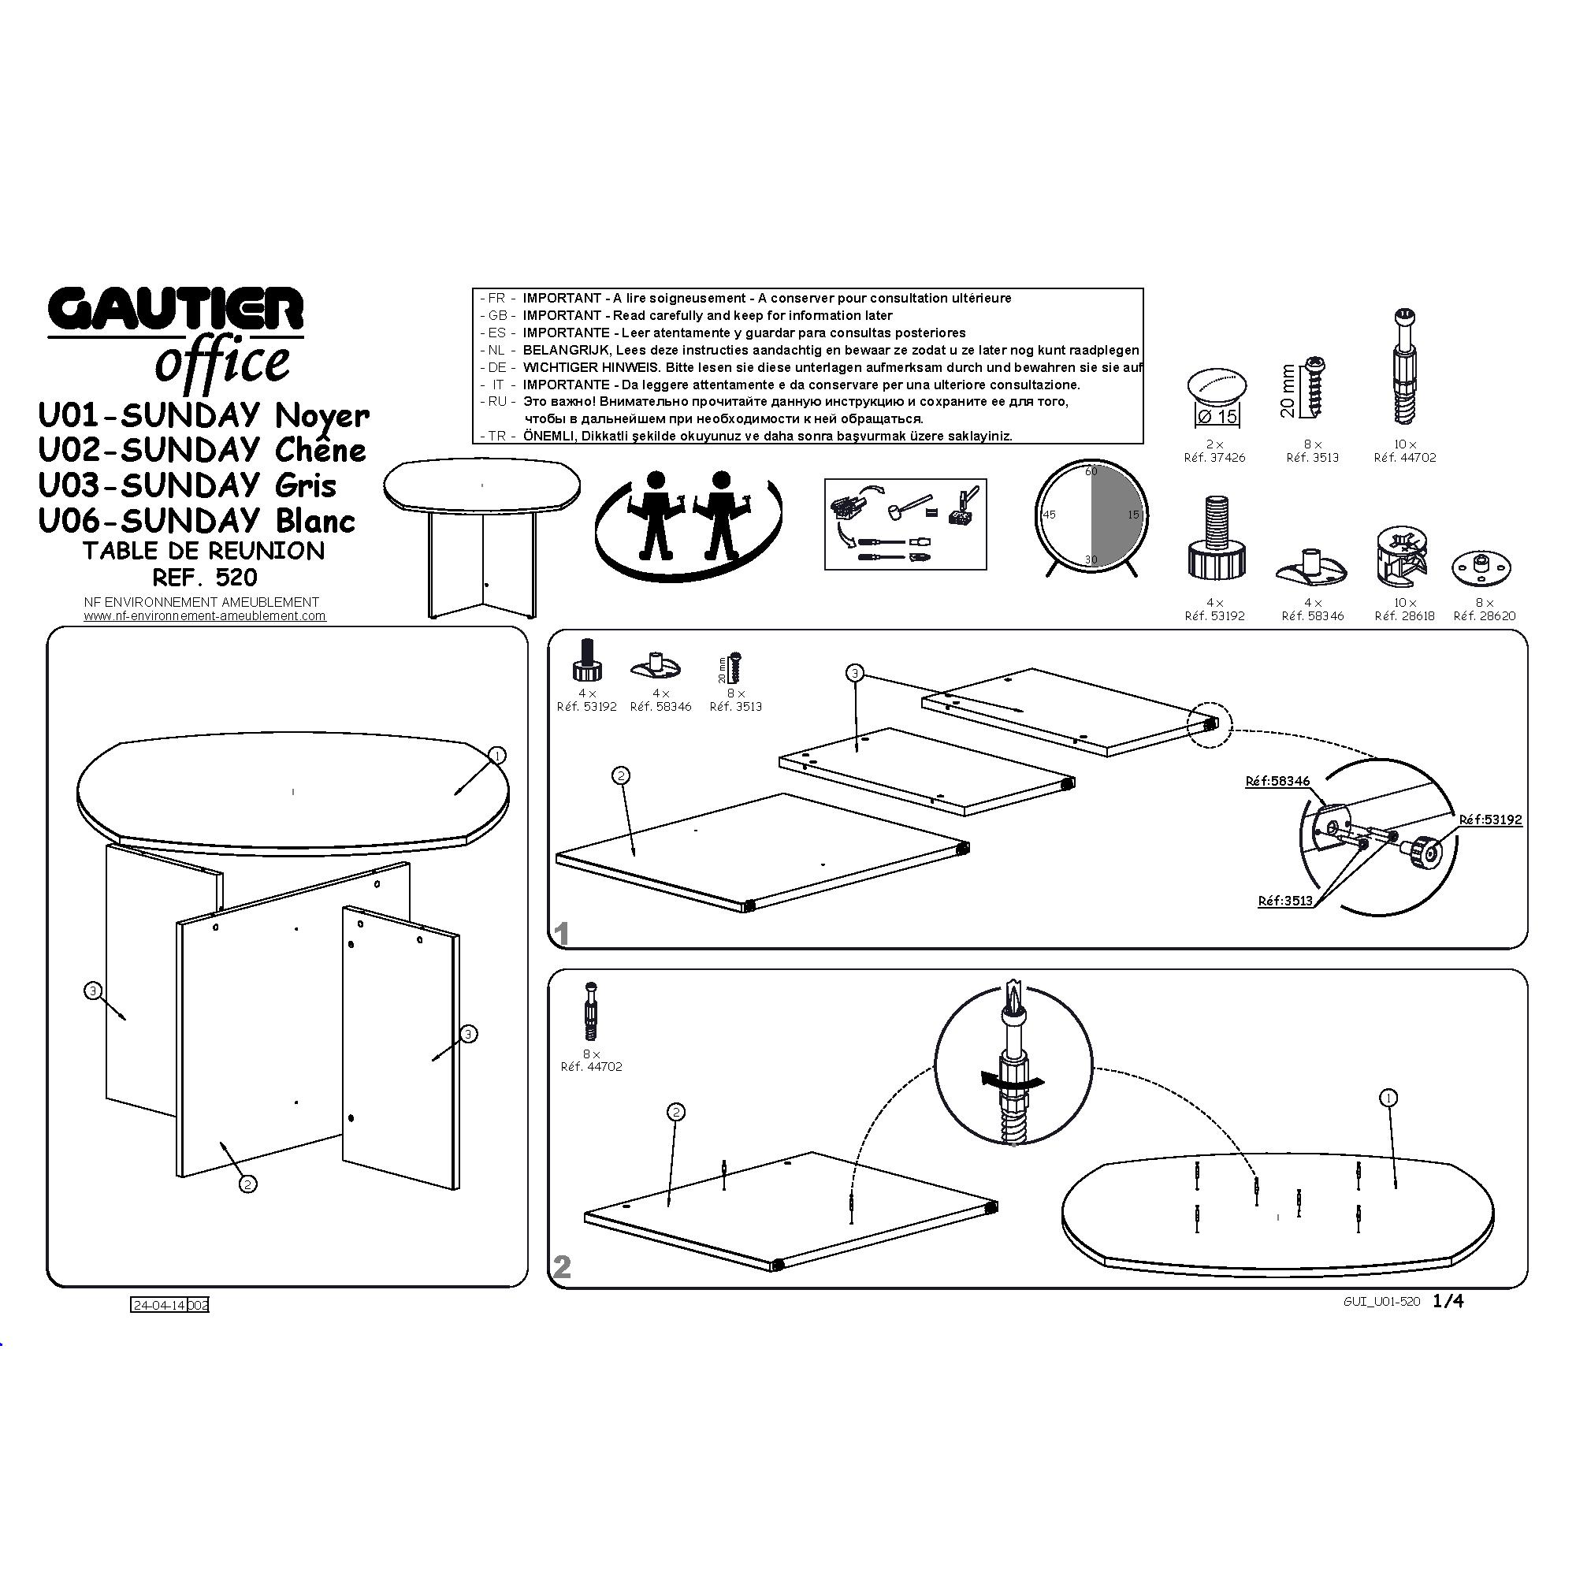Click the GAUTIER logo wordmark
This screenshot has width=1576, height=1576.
pos(177,310)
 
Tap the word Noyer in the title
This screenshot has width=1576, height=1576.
pos(322,416)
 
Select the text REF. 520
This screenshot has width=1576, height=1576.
pos(205,578)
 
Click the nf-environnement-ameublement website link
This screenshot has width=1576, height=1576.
pos(205,616)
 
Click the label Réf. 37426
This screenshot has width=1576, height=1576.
pos(1214,458)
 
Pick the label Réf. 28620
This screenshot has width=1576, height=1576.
pos(1485,616)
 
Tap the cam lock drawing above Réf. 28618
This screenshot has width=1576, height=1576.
pos(1403,556)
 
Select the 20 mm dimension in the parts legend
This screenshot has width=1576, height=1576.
pos(1288,391)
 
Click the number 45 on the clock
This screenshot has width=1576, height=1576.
pos(1049,515)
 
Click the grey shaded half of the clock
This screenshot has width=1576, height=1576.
pos(1116,515)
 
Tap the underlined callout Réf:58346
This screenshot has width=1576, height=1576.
pos(1277,782)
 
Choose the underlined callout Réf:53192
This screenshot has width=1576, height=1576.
pos(1490,820)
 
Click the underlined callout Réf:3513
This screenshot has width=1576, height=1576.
pos(1285,901)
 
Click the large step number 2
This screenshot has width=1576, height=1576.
pos(562,1267)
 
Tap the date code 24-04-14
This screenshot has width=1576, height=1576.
pos(159,1305)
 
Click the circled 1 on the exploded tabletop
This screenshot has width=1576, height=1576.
pos(496,756)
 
